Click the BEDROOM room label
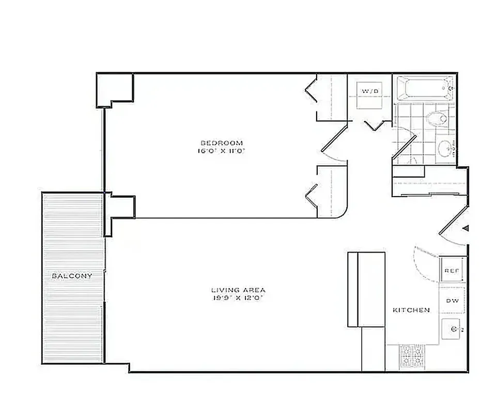click(x=221, y=143)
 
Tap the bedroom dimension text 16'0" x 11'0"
click(x=221, y=152)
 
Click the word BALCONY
click(x=72, y=276)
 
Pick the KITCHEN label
click(x=411, y=310)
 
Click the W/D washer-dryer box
click(x=370, y=95)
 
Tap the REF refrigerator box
click(x=451, y=270)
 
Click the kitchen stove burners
click(x=412, y=357)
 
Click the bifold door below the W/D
click(x=374, y=125)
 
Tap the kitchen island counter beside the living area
click(x=366, y=290)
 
